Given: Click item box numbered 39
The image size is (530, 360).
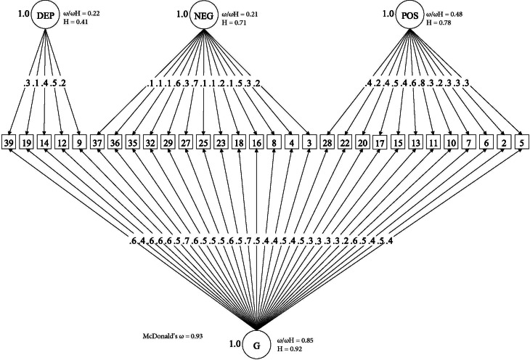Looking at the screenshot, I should pos(10,142).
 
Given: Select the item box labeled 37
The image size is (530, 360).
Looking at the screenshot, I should pos(97,142).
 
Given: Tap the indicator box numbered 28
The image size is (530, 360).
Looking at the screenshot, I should pos(327,142).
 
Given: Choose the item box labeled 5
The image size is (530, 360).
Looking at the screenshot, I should pos(520,142).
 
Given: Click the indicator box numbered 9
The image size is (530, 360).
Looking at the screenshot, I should pos(80,142).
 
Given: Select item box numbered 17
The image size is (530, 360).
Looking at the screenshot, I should pos(379,142).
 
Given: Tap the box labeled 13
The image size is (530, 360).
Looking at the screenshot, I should pos(415,142).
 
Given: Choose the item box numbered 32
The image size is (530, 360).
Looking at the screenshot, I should pos(150,142).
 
